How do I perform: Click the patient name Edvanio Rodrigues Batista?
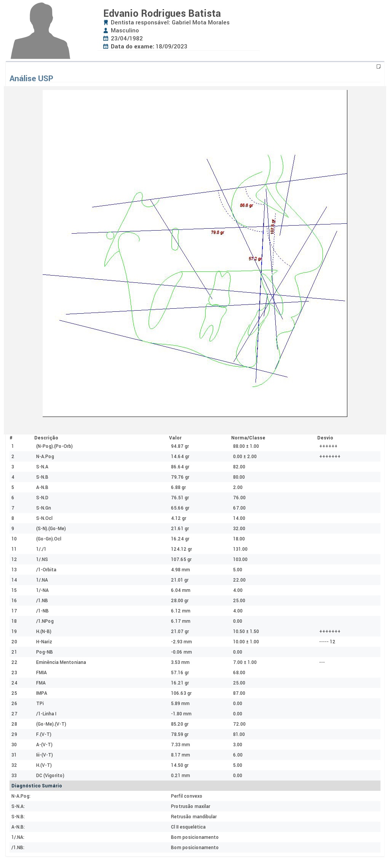point(162,13)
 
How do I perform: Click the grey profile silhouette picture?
point(40,30)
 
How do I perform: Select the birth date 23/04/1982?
point(127,38)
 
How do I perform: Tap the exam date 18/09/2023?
point(171,46)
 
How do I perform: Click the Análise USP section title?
point(31,79)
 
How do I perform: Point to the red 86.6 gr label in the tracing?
point(246,205)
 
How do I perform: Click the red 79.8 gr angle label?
point(217,232)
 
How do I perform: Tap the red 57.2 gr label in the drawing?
point(255,259)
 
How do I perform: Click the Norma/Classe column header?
point(248,438)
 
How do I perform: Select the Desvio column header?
point(325,438)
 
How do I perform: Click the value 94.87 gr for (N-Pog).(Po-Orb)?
point(180,446)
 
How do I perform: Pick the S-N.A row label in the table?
point(42,467)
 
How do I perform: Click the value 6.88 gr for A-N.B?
point(179,487)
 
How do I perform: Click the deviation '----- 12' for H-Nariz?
point(327,642)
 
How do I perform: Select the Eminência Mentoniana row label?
point(61,662)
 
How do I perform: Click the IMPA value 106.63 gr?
point(181,693)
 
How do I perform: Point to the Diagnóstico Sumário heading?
point(37,786)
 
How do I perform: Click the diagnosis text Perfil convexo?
point(187,796)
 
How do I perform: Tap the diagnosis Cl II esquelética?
point(188,827)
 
